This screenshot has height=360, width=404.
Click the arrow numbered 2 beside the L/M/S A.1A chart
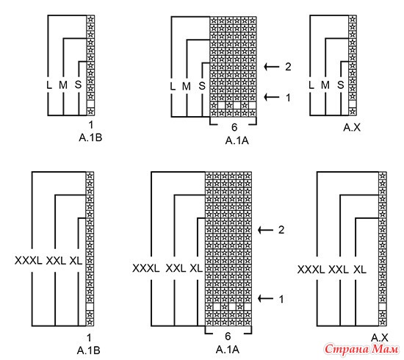click(x=272, y=67)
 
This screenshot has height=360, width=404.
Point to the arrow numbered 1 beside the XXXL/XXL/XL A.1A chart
click(x=266, y=299)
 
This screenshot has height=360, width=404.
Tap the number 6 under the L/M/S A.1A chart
click(x=234, y=127)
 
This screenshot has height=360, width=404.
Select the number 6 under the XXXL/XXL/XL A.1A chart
click(x=228, y=336)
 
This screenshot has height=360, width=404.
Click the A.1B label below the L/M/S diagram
click(x=90, y=138)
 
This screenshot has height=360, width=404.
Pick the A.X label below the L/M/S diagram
click(x=352, y=127)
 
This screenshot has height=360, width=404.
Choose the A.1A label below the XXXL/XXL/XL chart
click(x=228, y=350)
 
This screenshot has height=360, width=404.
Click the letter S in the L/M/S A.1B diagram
click(x=78, y=84)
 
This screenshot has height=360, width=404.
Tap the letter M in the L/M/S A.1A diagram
click(x=187, y=86)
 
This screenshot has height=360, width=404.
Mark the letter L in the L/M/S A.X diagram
click(x=311, y=84)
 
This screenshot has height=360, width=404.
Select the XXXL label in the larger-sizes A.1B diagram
click(x=29, y=261)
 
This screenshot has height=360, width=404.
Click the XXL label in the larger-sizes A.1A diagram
click(x=176, y=268)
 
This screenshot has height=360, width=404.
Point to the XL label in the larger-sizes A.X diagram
click(x=360, y=270)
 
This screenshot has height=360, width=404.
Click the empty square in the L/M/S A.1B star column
click(x=90, y=104)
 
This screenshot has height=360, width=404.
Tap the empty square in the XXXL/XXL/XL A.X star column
click(x=383, y=306)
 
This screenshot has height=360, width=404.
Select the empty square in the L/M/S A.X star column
click(x=353, y=104)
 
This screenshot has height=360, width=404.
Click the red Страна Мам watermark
click(x=361, y=350)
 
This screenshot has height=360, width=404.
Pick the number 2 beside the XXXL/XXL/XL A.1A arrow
click(x=281, y=230)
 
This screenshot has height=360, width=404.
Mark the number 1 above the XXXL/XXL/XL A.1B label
click(x=89, y=337)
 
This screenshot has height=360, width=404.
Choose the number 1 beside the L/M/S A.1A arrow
click(x=288, y=98)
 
